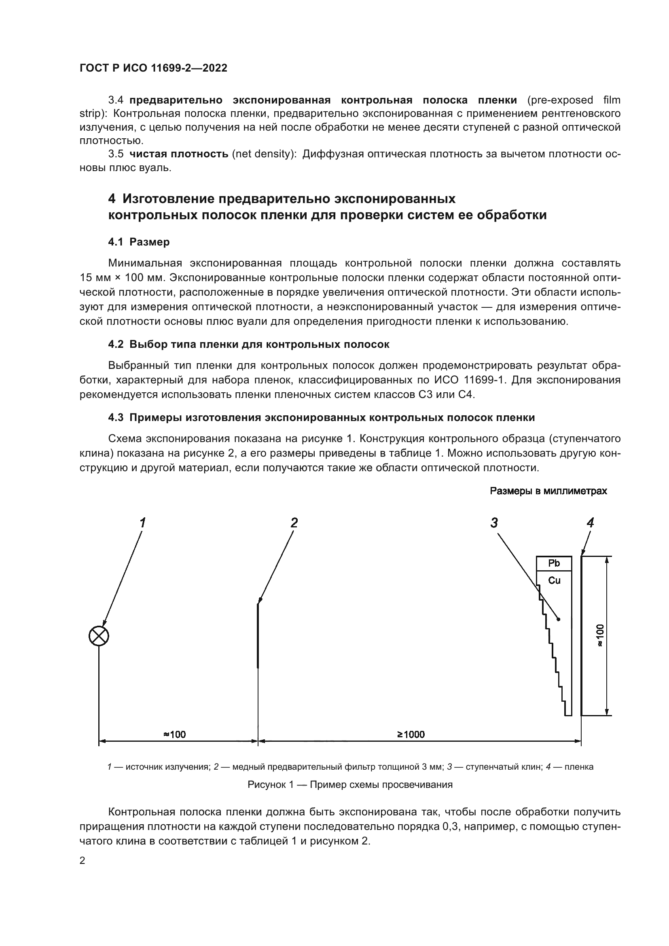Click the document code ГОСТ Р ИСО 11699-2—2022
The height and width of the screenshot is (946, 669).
point(153,68)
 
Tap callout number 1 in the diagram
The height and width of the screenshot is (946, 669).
point(142,523)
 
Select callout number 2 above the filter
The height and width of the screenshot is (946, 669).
point(294,523)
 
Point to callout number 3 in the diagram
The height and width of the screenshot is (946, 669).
point(494,523)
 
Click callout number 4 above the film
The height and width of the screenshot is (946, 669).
point(590,523)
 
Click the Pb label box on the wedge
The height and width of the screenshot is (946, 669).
point(554,563)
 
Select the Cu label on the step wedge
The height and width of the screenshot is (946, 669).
point(554,580)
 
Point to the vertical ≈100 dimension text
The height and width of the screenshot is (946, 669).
point(600,636)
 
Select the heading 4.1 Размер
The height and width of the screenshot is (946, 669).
point(139,242)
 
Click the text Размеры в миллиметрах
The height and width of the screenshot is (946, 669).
point(548,491)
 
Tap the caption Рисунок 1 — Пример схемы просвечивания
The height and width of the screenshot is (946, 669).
point(350,785)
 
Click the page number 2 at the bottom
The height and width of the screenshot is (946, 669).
point(83,861)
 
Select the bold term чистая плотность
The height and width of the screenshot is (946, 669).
point(179,154)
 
